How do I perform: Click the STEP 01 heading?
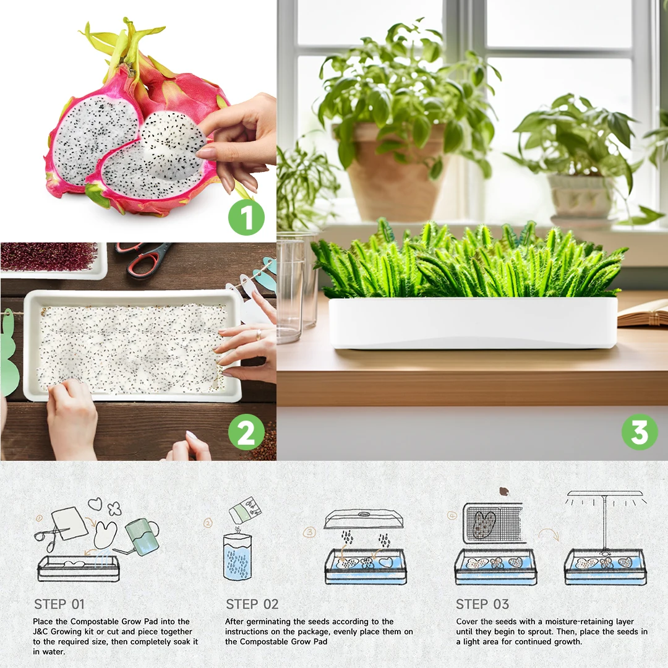[59, 604]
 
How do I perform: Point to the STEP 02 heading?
[252, 604]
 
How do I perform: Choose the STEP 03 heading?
[482, 604]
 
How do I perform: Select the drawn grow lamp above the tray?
[604, 507]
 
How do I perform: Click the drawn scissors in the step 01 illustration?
[48, 534]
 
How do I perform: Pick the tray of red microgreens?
[49, 257]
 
